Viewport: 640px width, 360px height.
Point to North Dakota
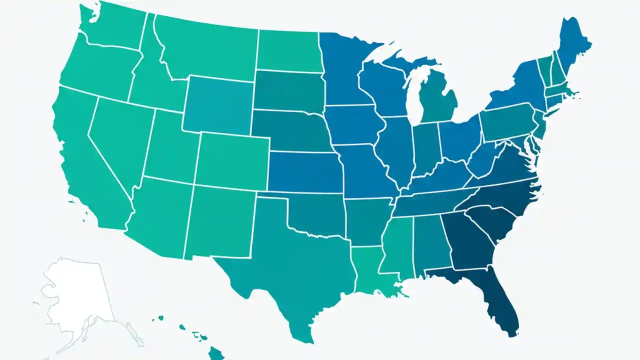pos(287,50)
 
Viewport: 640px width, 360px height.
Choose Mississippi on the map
pos(397,245)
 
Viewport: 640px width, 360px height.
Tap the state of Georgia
pos(470,240)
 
